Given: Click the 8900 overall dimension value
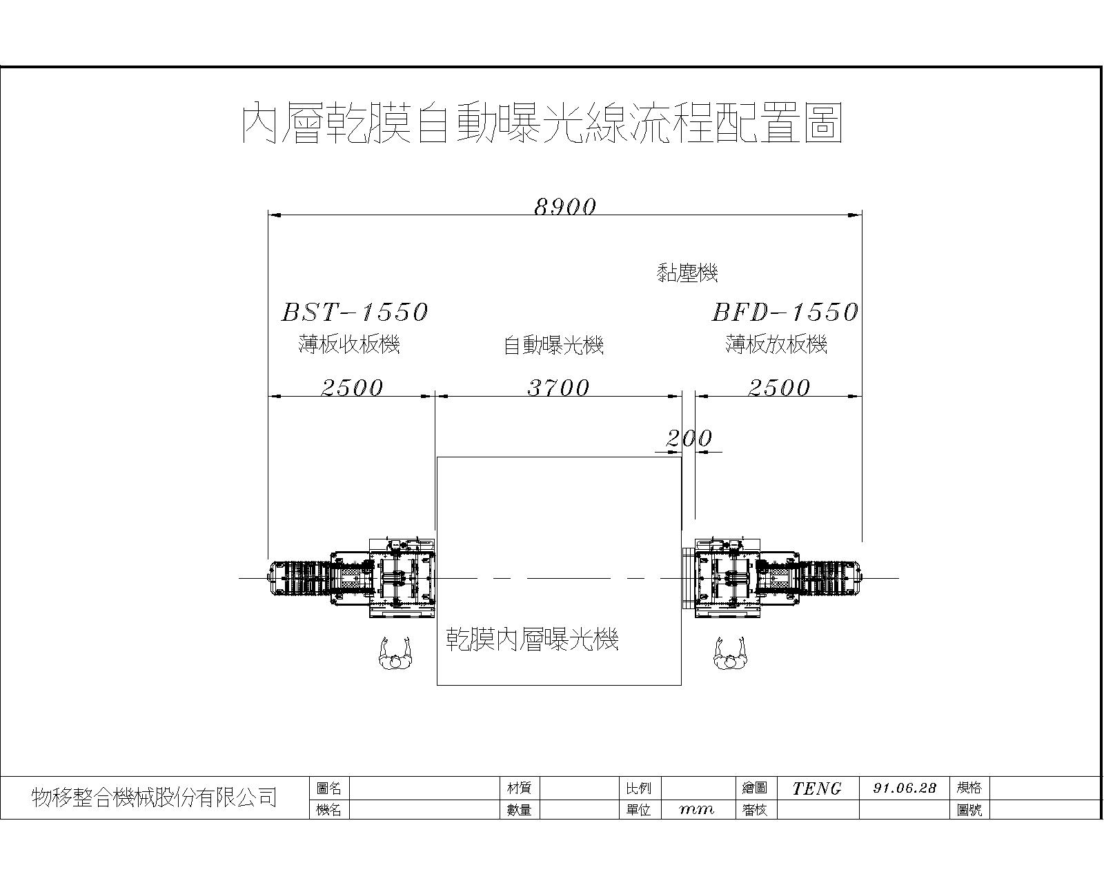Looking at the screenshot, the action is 565,207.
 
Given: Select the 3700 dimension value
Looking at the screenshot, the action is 559,388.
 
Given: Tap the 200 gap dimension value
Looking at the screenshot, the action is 689,438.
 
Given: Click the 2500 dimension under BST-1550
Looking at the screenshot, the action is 352,388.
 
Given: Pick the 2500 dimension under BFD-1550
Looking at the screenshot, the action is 779,388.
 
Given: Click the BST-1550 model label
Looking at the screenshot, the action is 355,312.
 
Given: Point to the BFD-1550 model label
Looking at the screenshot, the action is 785,312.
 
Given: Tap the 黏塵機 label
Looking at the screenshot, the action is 687,272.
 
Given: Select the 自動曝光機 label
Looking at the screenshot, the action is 553,345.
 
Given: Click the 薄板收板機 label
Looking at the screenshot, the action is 349,344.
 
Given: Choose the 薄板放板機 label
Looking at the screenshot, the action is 776,344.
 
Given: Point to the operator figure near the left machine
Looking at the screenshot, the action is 395,653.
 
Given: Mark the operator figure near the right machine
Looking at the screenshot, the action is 730,653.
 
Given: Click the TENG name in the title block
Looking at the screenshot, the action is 817,788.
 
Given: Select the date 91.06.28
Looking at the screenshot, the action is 905,788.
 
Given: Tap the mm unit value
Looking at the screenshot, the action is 696,810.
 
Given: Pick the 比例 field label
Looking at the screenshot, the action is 638,788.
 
